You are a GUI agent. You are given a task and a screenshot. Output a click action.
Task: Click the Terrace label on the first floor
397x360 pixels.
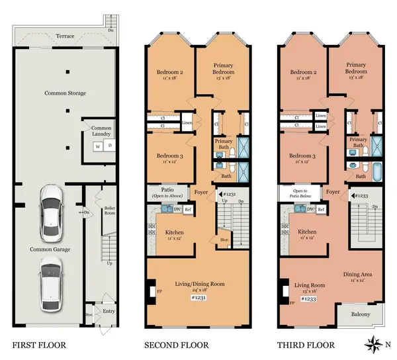coord(65,36)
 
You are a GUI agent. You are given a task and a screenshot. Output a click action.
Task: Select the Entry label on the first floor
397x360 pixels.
coord(109,310)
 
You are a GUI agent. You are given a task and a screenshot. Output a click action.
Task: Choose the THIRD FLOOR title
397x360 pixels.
coord(308,345)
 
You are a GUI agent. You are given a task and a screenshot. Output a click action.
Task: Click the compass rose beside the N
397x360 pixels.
coord(373,343)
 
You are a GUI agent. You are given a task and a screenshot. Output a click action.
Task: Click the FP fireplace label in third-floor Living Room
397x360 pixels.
coord(292,302)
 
